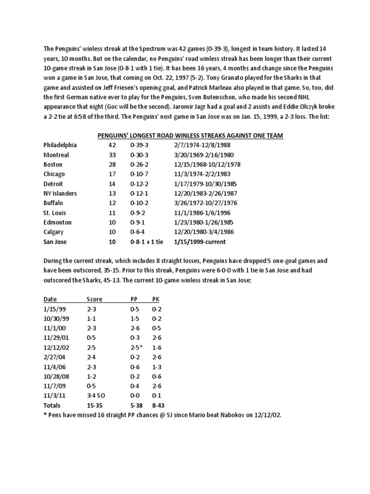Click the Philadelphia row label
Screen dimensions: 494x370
pyautogui.click(x=60, y=145)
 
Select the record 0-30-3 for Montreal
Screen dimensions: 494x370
pyautogui.click(x=140, y=155)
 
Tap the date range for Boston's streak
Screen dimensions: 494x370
pyautogui.click(x=207, y=165)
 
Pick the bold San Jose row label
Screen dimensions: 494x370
pyautogui.click(x=55, y=242)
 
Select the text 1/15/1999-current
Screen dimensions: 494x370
pyautogui.click(x=201, y=242)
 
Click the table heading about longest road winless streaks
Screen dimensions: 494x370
pyautogui.click(x=190, y=136)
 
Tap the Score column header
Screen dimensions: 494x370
pyautogui.click(x=94, y=299)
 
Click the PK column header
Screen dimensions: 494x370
pyautogui.click(x=155, y=299)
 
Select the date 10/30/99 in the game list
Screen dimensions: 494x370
pyautogui.click(x=54, y=318)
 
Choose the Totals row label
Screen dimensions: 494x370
pyautogui.click(x=53, y=405)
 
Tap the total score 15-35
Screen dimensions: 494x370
pyautogui.click(x=95, y=405)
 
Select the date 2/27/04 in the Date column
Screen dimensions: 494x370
pyautogui.click(x=53, y=357)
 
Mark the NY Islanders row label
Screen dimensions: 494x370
pyautogui.click(x=60, y=193)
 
